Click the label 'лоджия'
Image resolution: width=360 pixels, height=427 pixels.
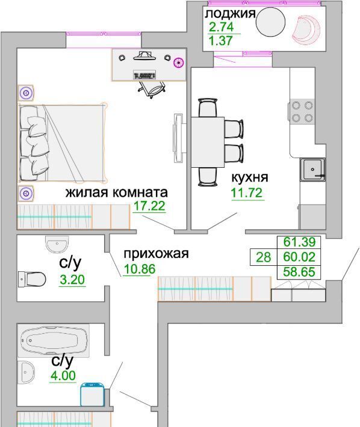(231, 14)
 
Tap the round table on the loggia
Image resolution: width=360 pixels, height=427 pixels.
(270, 21)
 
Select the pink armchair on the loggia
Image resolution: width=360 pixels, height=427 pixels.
(306, 29)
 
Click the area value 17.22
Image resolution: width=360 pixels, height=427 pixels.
(149, 206)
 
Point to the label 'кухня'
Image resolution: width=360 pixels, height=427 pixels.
(250, 177)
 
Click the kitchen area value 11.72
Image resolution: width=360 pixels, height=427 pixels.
(247, 193)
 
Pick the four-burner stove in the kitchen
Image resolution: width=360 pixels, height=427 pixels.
(302, 112)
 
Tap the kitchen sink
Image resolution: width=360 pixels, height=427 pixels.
(312, 170)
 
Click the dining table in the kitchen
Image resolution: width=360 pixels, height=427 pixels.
(208, 142)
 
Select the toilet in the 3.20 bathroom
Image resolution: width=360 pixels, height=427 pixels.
(32, 279)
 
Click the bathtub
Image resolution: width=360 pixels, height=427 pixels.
(54, 340)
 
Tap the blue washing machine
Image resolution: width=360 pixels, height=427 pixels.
(92, 394)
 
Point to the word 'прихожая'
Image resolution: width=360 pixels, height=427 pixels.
(156, 254)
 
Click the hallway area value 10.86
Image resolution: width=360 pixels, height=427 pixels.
(140, 269)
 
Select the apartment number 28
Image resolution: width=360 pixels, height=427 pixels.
(264, 257)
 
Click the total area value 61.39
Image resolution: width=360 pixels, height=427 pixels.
(299, 242)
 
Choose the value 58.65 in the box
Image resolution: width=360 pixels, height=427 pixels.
(299, 272)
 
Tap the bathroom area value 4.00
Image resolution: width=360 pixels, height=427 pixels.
(63, 376)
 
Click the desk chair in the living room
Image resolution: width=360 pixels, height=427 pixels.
(151, 90)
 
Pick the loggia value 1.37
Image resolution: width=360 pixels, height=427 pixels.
(220, 41)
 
